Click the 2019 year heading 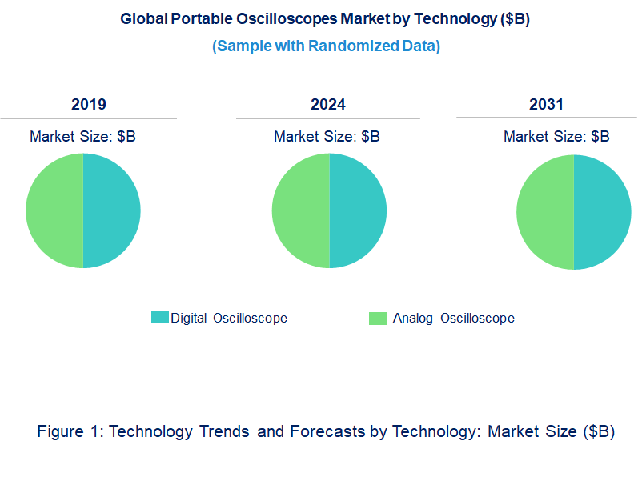[88, 104]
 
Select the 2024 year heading [328, 104]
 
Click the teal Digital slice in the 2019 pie [111, 211]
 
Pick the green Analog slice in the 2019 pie [54, 211]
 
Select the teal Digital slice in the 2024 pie [358, 211]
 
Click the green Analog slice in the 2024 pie [301, 211]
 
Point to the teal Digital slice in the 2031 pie [602, 211]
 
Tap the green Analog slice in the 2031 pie [545, 211]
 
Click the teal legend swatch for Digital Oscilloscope [159, 318]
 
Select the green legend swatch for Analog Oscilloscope [377, 318]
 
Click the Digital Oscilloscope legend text [229, 318]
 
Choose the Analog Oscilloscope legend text [453, 318]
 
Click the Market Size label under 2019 [82, 136]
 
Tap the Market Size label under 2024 [327, 136]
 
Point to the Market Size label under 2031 [556, 136]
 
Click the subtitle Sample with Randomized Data [326, 46]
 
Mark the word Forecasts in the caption [327, 431]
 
